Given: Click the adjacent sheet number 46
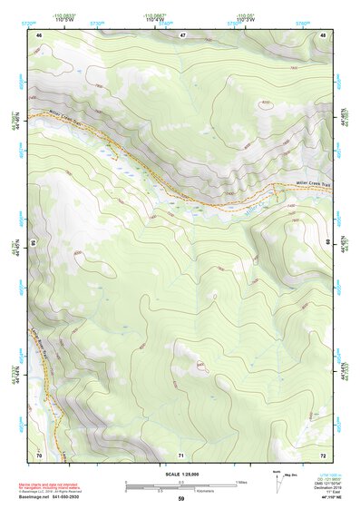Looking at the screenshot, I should coord(39,34).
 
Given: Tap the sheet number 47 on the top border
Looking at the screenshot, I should coord(182,34).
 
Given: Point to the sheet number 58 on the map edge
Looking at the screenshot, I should coord(34,243).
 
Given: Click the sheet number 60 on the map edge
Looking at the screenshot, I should coord(327,243).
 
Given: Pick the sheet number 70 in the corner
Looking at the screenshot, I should coord(39,454).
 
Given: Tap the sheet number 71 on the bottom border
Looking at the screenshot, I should coord(181,454).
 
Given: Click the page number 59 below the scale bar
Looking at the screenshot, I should coord(180,499).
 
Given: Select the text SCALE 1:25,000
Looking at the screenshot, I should coord(180,474).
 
